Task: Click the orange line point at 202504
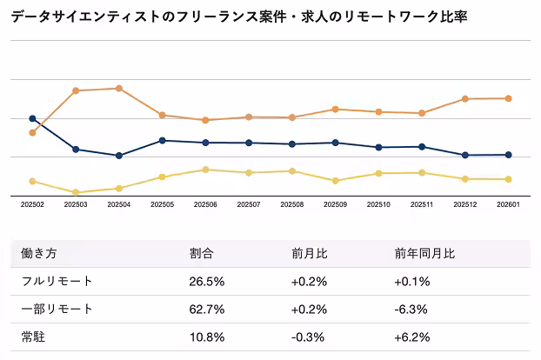coord(119,88)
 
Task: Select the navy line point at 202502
coord(32,118)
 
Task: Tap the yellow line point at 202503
coord(76,192)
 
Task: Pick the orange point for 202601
coord(509,98)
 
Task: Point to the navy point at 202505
coord(163,140)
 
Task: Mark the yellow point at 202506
coord(205,170)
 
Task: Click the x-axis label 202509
coord(335,205)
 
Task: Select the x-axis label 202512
coord(465,205)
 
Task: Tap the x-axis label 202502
coord(32,205)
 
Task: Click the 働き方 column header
coord(38,254)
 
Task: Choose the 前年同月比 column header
coord(424,254)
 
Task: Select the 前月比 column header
coord(309,254)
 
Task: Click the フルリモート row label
coord(57,281)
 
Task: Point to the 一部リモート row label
coord(57,309)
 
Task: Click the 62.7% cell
coord(207,309)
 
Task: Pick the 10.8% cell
coord(207,337)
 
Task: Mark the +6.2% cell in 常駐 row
coord(412,337)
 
